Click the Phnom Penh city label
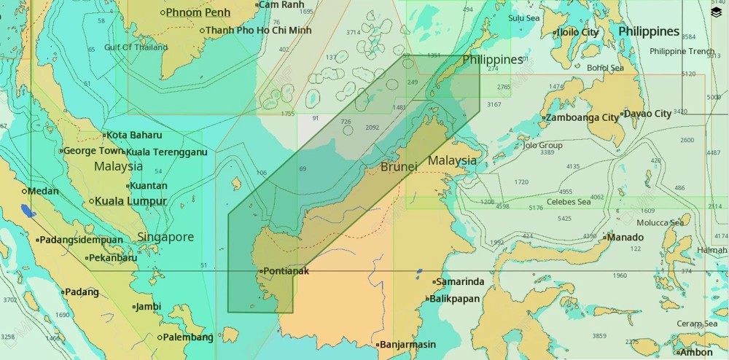pos(198,12)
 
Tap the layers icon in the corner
pos(717,12)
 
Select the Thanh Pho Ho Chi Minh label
pos(258,31)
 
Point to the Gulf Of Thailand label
pos(136,47)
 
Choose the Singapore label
pos(165,237)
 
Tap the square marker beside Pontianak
pos(260,271)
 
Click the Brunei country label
pos(399,167)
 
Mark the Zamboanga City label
pos(582,117)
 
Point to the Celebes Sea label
pos(568,202)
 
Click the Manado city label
pos(625,238)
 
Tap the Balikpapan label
pos(455,299)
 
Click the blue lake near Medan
pos(28,211)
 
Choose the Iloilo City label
pos(577,32)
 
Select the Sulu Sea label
pos(524,18)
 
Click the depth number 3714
pos(354,33)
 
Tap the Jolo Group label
pos(543,146)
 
